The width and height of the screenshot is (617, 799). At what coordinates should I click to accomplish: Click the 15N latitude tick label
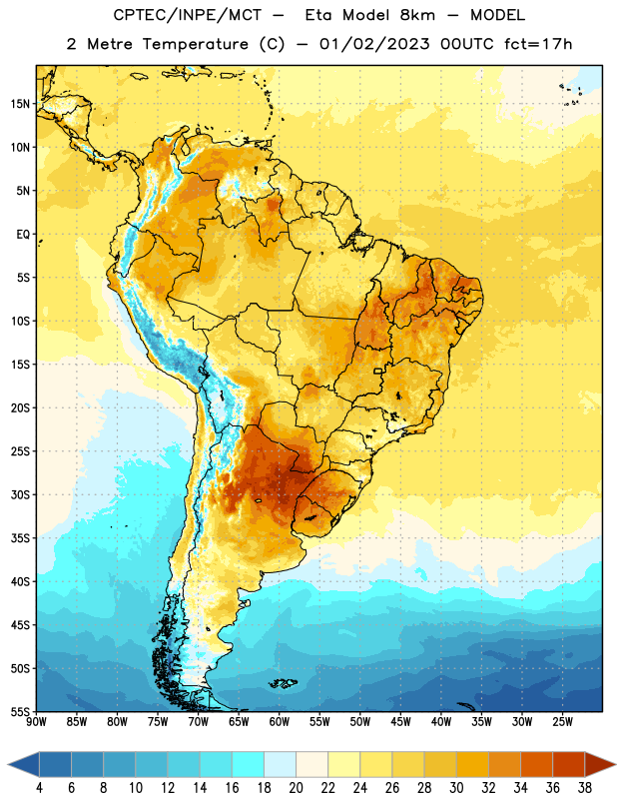(20, 104)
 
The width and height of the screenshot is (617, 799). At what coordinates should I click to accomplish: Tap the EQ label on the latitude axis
(23, 235)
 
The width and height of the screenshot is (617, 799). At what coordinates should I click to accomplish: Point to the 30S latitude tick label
(20, 494)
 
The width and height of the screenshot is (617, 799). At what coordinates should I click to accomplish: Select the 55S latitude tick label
(20, 711)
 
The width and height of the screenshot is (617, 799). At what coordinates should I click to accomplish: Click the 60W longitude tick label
(280, 722)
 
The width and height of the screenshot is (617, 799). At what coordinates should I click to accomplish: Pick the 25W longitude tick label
(562, 722)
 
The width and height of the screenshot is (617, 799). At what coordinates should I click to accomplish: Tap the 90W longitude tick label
(36, 722)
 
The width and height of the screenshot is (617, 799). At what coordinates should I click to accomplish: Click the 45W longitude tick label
(400, 722)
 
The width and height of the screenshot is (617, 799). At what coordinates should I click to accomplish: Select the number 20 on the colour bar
(296, 788)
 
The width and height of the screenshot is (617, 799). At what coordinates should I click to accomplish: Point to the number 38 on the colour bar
(585, 788)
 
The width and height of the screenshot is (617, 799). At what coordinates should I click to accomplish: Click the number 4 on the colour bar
(39, 788)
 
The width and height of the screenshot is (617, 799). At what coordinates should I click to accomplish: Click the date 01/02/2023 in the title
(374, 44)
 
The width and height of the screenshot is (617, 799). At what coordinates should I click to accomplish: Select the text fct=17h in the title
(538, 44)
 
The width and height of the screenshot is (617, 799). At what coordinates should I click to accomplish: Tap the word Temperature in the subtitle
(195, 44)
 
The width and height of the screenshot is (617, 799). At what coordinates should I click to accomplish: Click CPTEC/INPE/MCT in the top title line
(187, 15)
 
